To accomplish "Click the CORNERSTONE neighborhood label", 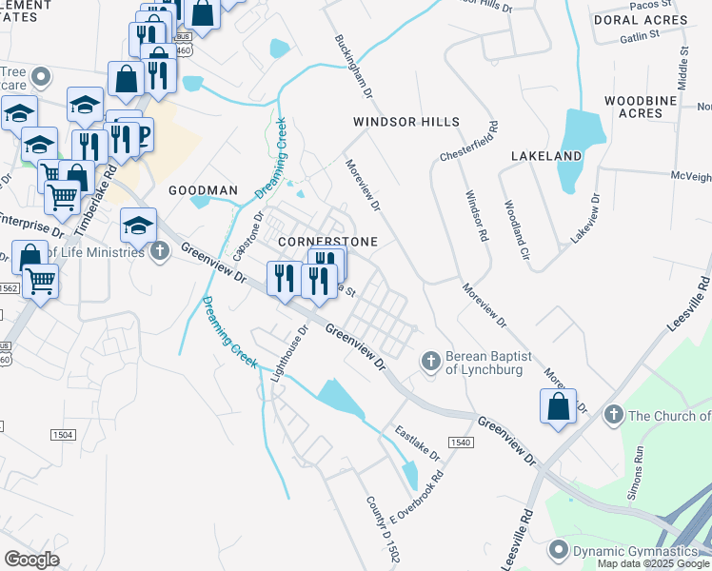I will pos(327,242).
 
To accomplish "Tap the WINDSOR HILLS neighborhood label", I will pos(406,122).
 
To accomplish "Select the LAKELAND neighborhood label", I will pos(546,155).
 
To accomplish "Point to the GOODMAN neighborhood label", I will pos(203,190).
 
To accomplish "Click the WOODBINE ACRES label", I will pos(647,107).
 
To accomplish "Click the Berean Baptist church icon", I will pos(431,361).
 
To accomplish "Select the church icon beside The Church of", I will pos(614,415).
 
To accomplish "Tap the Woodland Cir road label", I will pos(515,229).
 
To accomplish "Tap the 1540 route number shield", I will pos(461,443).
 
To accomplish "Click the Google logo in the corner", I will pos(31,560).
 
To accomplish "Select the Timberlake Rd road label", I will pos(106,181).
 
